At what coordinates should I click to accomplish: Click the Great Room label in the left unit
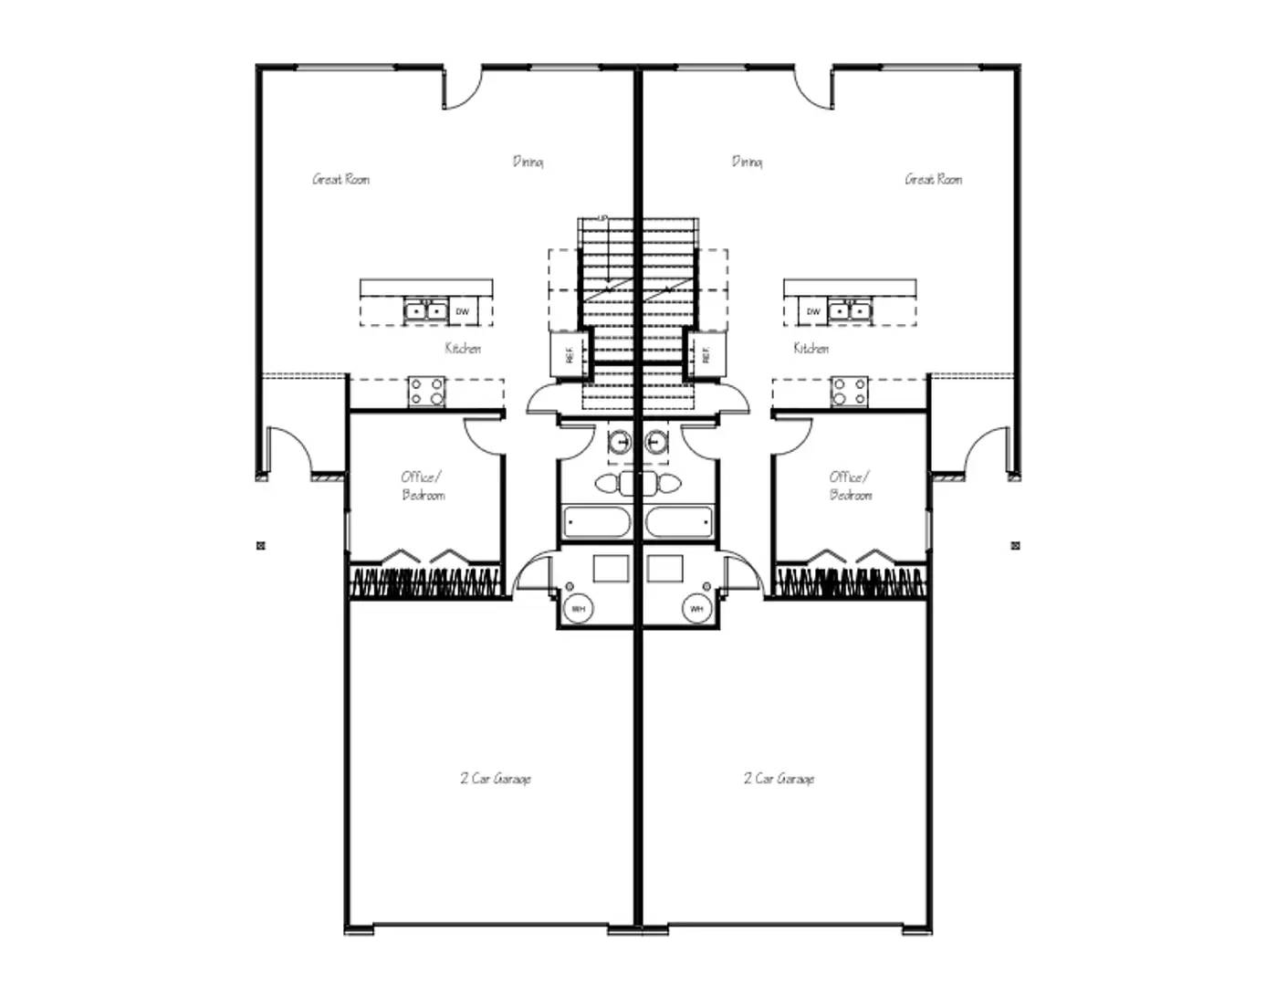coord(341,179)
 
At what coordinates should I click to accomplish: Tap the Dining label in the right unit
coord(747,162)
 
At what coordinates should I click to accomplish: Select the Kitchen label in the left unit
coord(463,348)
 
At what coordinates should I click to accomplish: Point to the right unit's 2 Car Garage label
coord(779,779)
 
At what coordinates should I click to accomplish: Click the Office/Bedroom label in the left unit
coord(423,486)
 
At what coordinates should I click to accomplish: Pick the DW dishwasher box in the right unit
coord(813,311)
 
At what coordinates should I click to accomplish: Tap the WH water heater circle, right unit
coord(696,608)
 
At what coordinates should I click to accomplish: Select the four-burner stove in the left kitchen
coord(425,392)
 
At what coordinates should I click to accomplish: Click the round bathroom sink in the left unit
coord(621,443)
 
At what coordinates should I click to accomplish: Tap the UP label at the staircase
coord(602,219)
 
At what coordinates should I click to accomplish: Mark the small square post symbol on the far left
coord(261,546)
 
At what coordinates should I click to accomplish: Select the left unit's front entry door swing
coord(286,450)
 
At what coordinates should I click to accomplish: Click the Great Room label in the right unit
coord(933,179)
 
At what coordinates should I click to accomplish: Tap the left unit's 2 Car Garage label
coord(496,779)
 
